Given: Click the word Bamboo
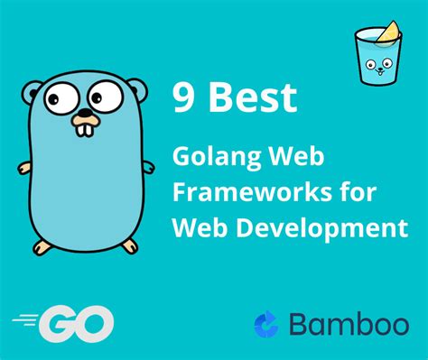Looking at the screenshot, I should (348, 322).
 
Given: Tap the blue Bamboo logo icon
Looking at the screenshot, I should (268, 323).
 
